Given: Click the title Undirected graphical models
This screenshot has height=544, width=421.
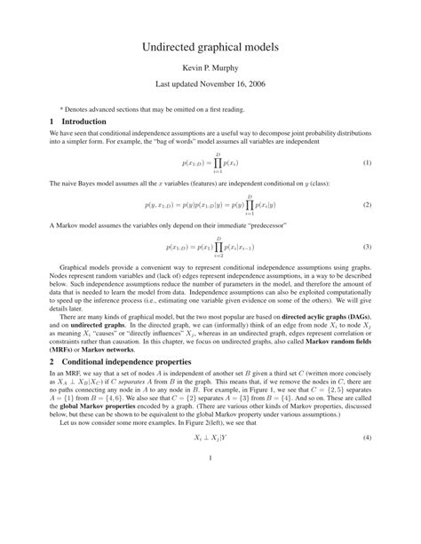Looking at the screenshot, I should point(210,46).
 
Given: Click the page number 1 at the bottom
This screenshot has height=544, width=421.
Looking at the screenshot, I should point(210,509).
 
